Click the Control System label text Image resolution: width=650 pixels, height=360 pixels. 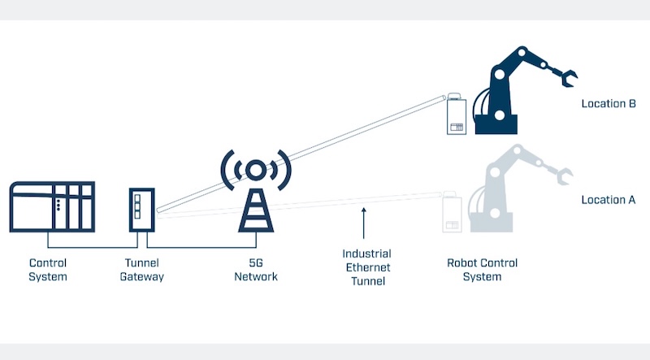point(48,270)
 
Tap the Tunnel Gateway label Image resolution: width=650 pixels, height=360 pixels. point(143,270)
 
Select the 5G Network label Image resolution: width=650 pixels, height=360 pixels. point(255,270)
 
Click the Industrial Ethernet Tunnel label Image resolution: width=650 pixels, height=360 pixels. point(366,268)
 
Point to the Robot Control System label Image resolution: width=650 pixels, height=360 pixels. point(482,270)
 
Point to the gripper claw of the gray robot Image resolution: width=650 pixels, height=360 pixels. point(561,173)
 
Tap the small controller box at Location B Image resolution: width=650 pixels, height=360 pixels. point(457,117)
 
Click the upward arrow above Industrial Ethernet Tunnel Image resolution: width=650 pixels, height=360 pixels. point(365,224)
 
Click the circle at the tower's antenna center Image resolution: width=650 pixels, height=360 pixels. point(255,169)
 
